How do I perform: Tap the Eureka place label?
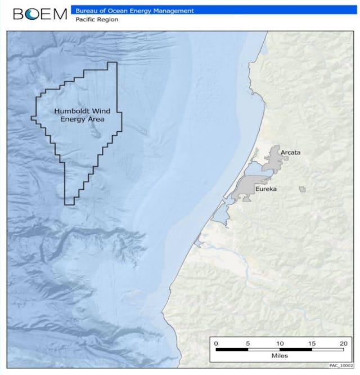pyautogui.click(x=266, y=189)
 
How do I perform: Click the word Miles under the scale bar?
pyautogui.click(x=280, y=356)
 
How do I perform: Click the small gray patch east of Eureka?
pyautogui.click(x=303, y=189)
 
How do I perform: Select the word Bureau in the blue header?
pyautogui.click(x=86, y=10)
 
